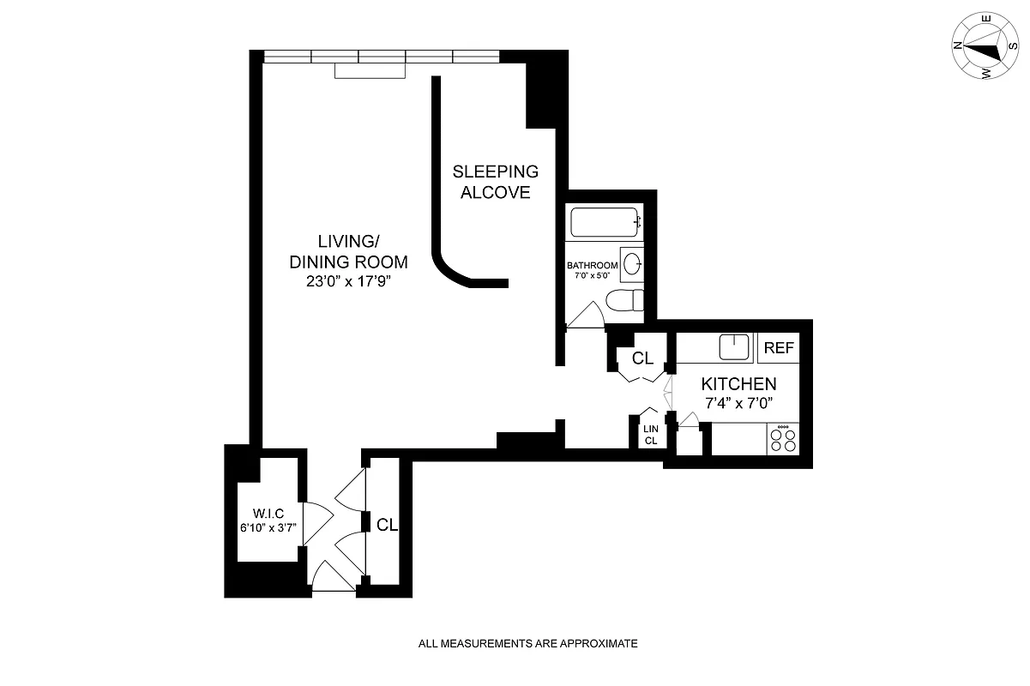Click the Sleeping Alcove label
[x=495, y=182]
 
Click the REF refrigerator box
[x=779, y=348]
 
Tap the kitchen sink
[x=734, y=347]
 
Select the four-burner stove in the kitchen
[x=782, y=440]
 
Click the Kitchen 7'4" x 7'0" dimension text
[x=738, y=402]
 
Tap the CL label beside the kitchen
[x=642, y=358]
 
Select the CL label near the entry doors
[x=388, y=525]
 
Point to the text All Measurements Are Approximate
[x=527, y=643]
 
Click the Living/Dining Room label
[x=347, y=252]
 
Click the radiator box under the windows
[x=369, y=71]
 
